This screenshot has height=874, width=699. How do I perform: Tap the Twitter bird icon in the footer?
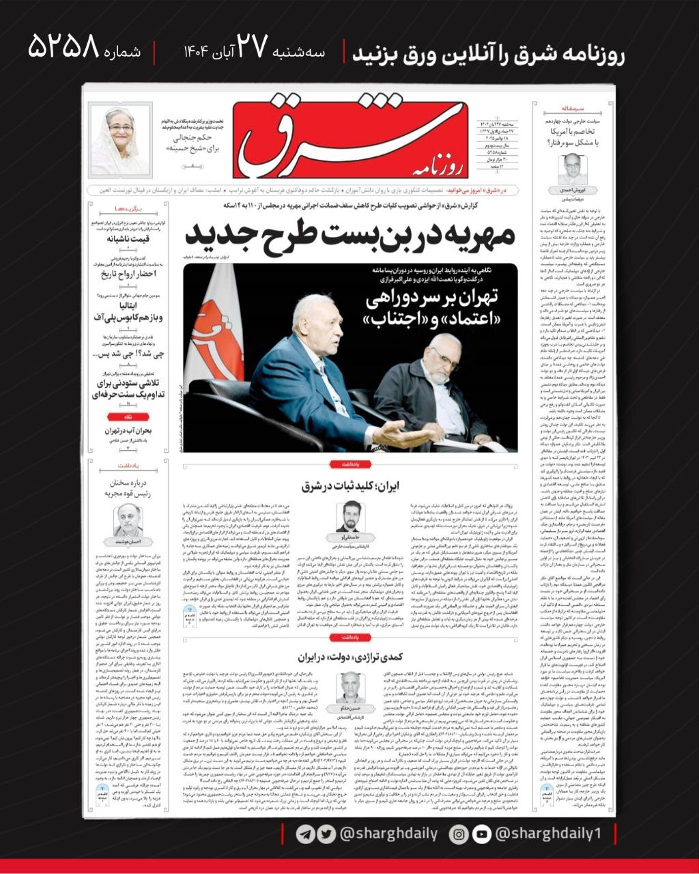point(326,834)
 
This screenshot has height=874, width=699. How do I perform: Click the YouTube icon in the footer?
point(481,834)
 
